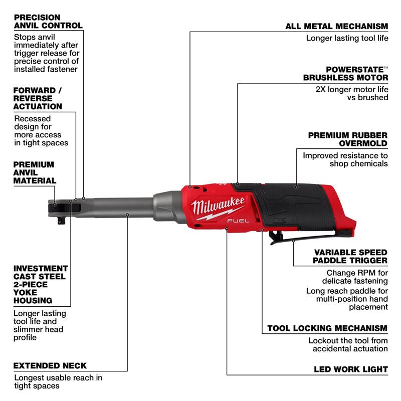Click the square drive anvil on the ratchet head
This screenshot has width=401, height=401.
60,220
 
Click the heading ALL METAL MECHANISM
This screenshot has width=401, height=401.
336,26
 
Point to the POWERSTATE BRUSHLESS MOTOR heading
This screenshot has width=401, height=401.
345,73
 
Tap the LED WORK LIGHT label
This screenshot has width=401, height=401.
351,369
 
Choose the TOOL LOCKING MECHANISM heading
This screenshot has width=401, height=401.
327,328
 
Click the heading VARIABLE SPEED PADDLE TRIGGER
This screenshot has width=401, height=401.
350,256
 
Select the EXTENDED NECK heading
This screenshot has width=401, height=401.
50,365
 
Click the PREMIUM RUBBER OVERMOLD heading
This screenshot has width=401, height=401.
347,139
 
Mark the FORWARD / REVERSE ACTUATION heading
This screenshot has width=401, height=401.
38,98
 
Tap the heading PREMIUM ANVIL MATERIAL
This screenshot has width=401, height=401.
34,172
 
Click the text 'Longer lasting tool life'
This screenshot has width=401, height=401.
347,38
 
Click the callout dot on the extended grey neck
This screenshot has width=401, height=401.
128,215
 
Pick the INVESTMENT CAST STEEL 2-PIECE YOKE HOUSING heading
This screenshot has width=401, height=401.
40,284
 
